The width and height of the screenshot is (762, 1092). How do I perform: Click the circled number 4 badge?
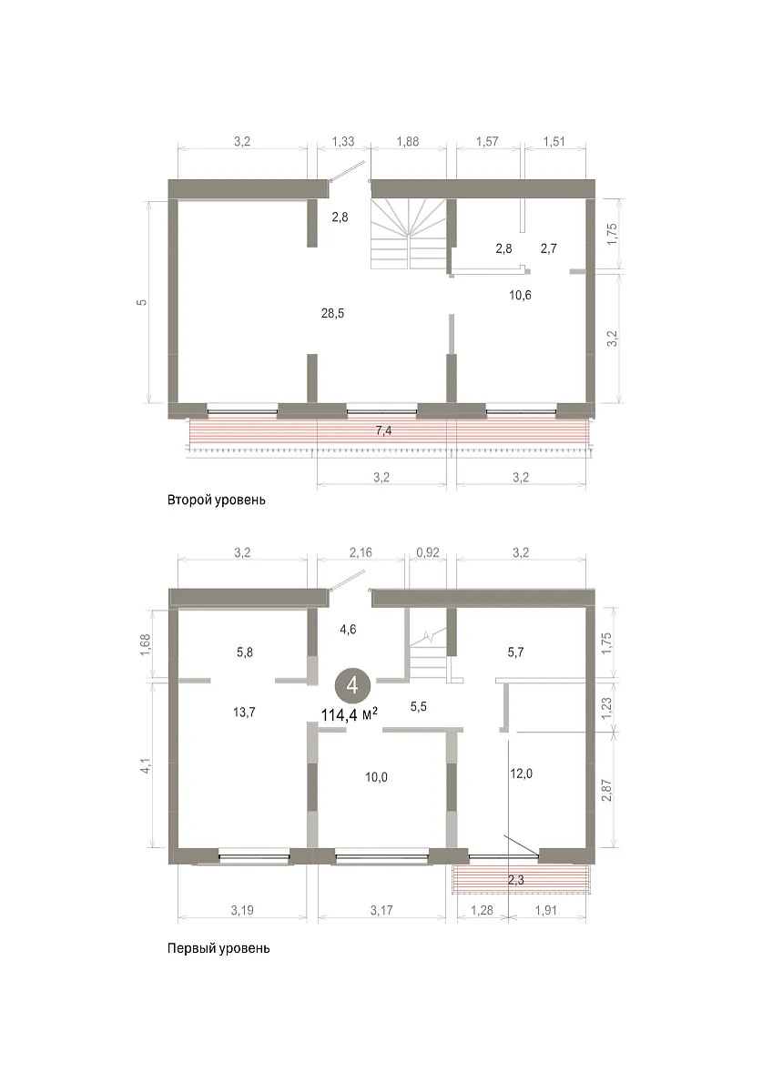pos(352,686)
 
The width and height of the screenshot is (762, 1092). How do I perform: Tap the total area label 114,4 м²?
pos(350,715)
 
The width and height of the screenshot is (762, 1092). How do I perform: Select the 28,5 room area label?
pos(332,313)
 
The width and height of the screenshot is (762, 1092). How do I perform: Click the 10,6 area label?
pos(520,295)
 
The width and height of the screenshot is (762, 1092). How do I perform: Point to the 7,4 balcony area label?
pos(384,430)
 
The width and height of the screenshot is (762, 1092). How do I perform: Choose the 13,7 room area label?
pos(244,713)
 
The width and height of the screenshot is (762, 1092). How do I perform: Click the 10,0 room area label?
pos(376,777)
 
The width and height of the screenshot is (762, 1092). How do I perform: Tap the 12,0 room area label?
pos(521,773)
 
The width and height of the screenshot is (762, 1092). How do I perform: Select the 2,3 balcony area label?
pos(516,880)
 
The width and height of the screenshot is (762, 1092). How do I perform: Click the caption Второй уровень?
pos(217,500)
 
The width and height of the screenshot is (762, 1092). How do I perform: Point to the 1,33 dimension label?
pos(343,141)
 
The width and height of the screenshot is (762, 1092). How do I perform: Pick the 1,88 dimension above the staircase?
pos(408,141)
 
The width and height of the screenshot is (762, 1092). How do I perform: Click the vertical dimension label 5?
pos(141,302)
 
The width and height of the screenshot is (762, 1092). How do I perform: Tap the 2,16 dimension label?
pos(361,552)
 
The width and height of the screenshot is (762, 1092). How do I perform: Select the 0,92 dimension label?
pos(428,552)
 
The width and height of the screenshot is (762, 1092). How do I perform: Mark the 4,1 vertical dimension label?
pos(146,765)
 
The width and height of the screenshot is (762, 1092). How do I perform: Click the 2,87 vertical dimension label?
pos(606,790)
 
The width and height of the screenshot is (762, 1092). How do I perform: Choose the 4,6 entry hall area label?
pos(348,630)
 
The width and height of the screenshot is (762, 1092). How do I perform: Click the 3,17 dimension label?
pos(381,910)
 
